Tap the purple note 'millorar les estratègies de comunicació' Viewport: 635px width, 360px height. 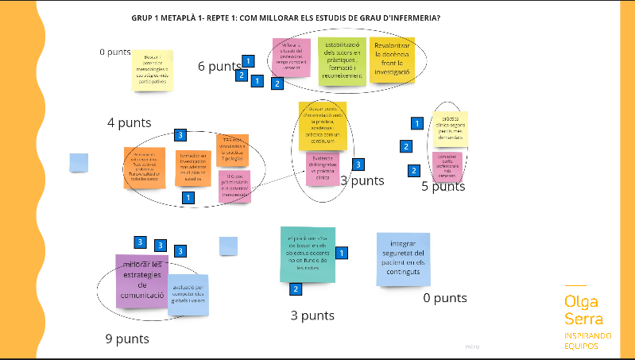pos(141,280)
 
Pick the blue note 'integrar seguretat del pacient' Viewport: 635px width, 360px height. pos(403,259)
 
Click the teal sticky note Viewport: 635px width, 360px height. pos(308,254)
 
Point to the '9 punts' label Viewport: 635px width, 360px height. pos(127,339)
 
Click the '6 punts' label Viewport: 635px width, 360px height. pos(219,67)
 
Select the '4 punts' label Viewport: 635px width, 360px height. pos(129,122)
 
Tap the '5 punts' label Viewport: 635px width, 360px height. pos(443,187)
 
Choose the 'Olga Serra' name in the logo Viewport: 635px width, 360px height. pos(583,310)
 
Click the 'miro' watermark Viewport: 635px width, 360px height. pos(473,346)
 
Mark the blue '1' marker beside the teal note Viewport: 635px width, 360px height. pos(343,253)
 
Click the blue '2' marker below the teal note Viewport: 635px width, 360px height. pos(296,289)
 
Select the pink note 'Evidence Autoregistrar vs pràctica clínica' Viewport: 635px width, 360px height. pos(323,169)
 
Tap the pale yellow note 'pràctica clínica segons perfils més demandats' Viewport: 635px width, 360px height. pos(450,129)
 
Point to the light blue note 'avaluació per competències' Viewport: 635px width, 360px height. pos(188,295)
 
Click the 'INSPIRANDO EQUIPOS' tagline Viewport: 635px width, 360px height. pos(587,341)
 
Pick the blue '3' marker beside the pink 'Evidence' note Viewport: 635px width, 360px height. pos(358,165)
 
